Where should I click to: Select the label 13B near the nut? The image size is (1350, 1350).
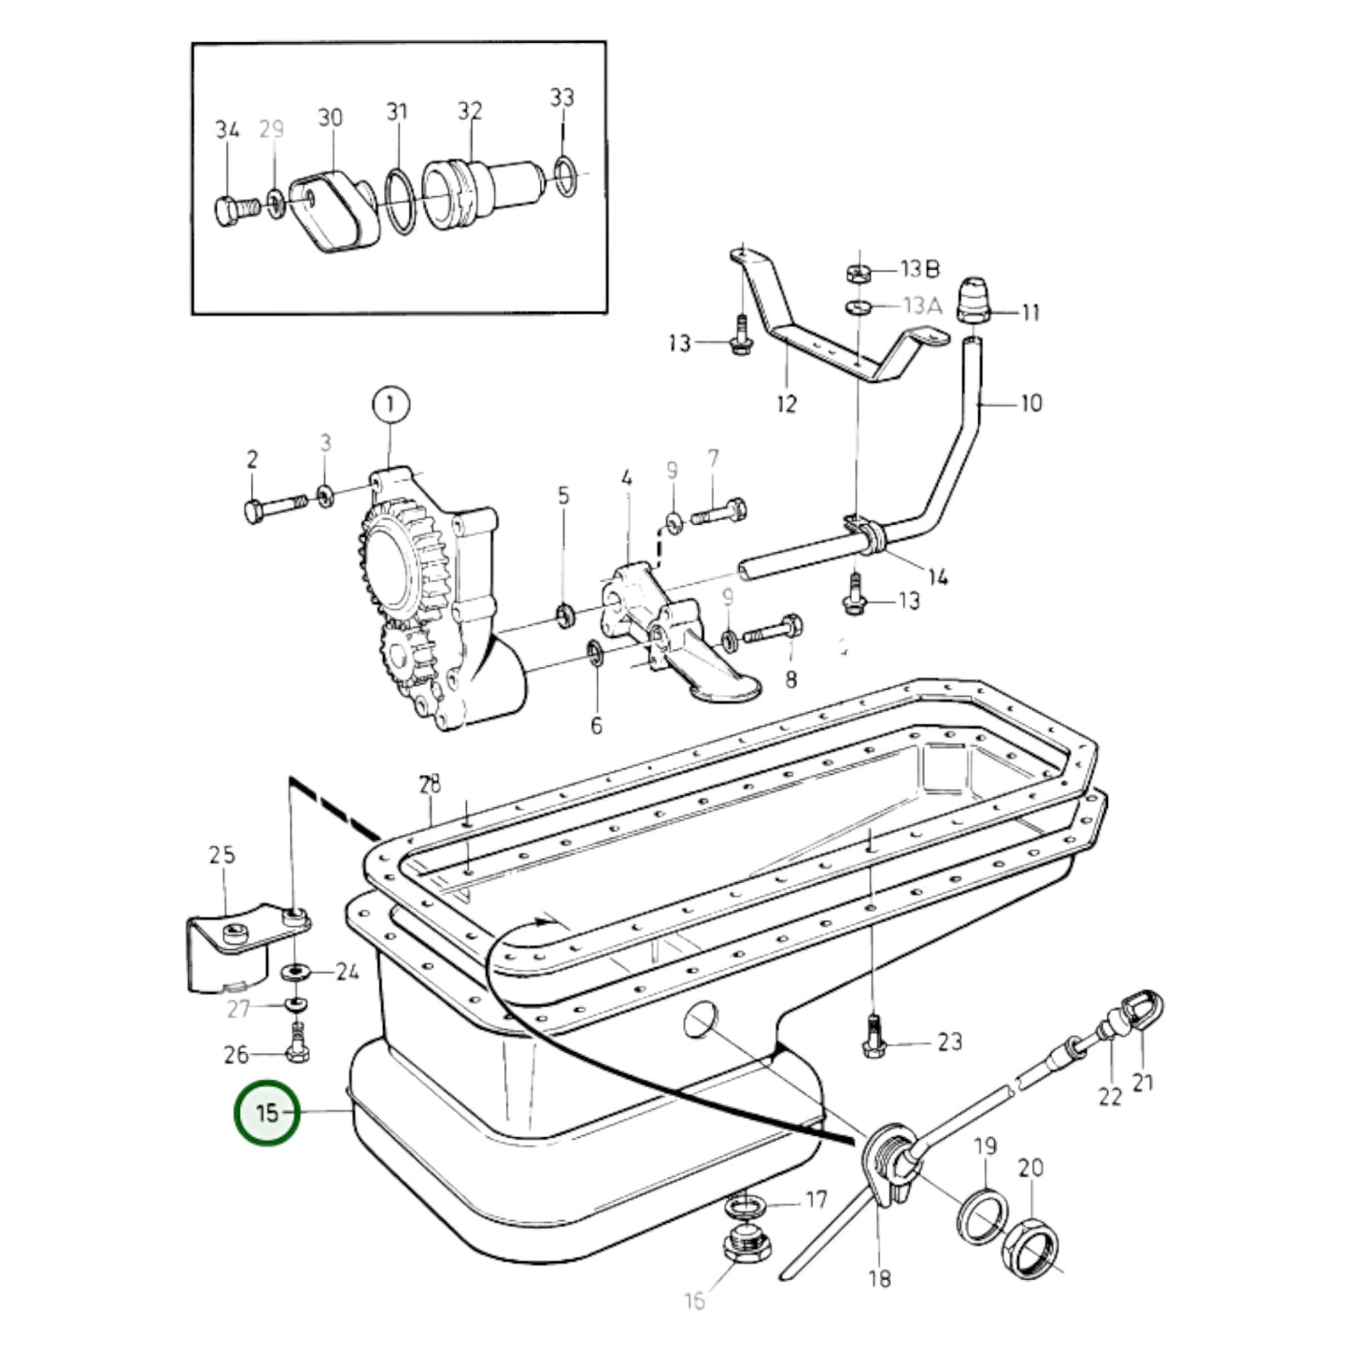(x=920, y=269)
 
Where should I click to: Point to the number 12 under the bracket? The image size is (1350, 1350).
(x=787, y=405)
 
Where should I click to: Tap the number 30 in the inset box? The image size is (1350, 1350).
(x=330, y=118)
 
